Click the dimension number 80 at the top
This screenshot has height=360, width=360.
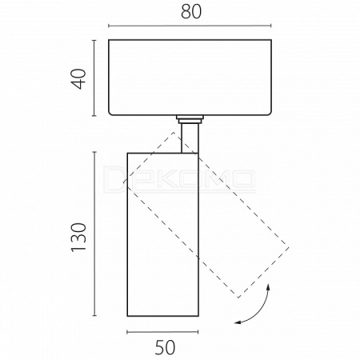click(191, 12)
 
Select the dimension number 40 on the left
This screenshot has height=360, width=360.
click(79, 79)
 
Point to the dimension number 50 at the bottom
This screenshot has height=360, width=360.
click(166, 347)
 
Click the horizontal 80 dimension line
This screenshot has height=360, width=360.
click(190, 26)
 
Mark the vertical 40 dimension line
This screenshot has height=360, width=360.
click(94, 78)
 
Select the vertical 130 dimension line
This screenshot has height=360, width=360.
click(94, 234)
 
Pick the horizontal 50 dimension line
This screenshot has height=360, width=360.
click(162, 332)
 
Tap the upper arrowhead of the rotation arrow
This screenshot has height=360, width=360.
click(268, 287)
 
